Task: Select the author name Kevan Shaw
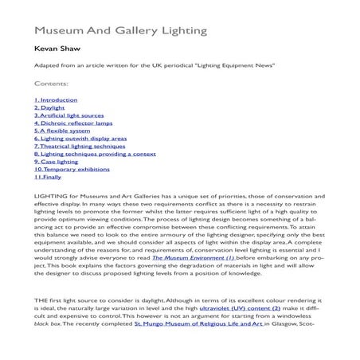tap(57, 49)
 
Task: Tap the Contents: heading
tap(51, 82)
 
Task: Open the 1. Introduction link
tap(56, 100)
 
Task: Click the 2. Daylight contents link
tap(49, 108)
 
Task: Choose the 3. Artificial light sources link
tap(68, 116)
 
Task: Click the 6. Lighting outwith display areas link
tap(80, 139)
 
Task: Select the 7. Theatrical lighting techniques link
tap(77, 147)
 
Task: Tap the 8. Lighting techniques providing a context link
tap(94, 154)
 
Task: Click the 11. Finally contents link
tap(48, 177)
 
